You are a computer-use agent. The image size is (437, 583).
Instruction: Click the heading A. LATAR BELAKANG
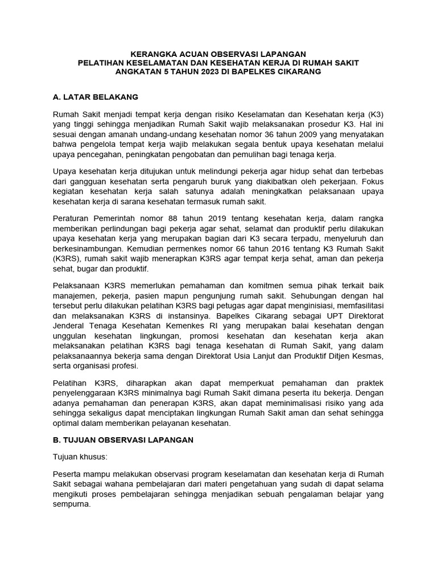tap(95, 97)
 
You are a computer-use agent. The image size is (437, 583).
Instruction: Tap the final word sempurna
tap(71, 504)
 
